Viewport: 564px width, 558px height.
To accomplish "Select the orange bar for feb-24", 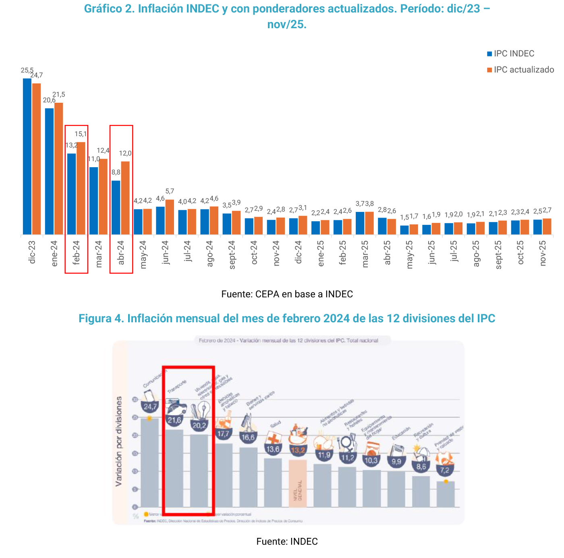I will point(81,188).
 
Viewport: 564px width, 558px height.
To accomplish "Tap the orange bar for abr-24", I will point(125,198).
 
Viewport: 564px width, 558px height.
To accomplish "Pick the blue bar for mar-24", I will point(93,201).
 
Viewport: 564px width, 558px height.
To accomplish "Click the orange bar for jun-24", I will point(170,217).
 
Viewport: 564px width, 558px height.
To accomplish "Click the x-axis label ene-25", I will point(321,253).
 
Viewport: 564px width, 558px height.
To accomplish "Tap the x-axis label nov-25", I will point(543,253).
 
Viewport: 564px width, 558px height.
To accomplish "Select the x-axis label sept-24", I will point(232,255).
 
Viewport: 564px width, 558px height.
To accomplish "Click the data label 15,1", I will point(81,134).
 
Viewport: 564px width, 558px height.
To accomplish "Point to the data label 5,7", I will point(170,191).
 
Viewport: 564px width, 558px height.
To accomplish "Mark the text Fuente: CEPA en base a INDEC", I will point(287,294).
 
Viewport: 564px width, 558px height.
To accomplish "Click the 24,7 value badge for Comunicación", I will point(150,407).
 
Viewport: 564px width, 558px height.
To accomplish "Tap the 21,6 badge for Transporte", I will point(174,420).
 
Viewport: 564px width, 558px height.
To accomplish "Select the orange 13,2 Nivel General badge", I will point(298,450).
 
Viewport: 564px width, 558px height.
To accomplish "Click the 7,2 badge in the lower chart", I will point(445,470).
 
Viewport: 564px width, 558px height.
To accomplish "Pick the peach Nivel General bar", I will point(298,483).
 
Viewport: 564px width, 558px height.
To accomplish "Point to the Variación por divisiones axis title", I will point(119,441).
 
